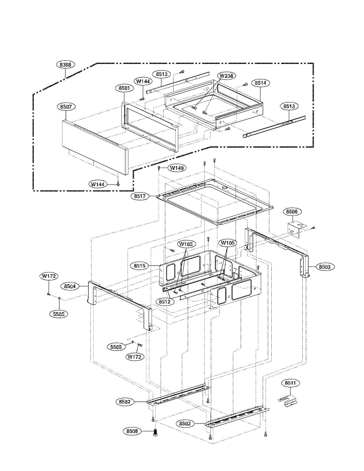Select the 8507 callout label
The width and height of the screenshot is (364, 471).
66,106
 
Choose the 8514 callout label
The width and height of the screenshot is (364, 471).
260,83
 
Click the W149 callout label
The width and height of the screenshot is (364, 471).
177,168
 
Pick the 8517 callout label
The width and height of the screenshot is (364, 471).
141,195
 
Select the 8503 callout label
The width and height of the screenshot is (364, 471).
324,267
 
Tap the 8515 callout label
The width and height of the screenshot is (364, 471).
139,266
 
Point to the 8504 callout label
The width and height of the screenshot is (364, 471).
70,287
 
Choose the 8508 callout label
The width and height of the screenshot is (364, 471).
132,431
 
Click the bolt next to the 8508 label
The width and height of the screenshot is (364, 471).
154,433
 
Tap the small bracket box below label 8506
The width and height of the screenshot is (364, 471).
296,230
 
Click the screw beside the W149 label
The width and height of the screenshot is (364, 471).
159,168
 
